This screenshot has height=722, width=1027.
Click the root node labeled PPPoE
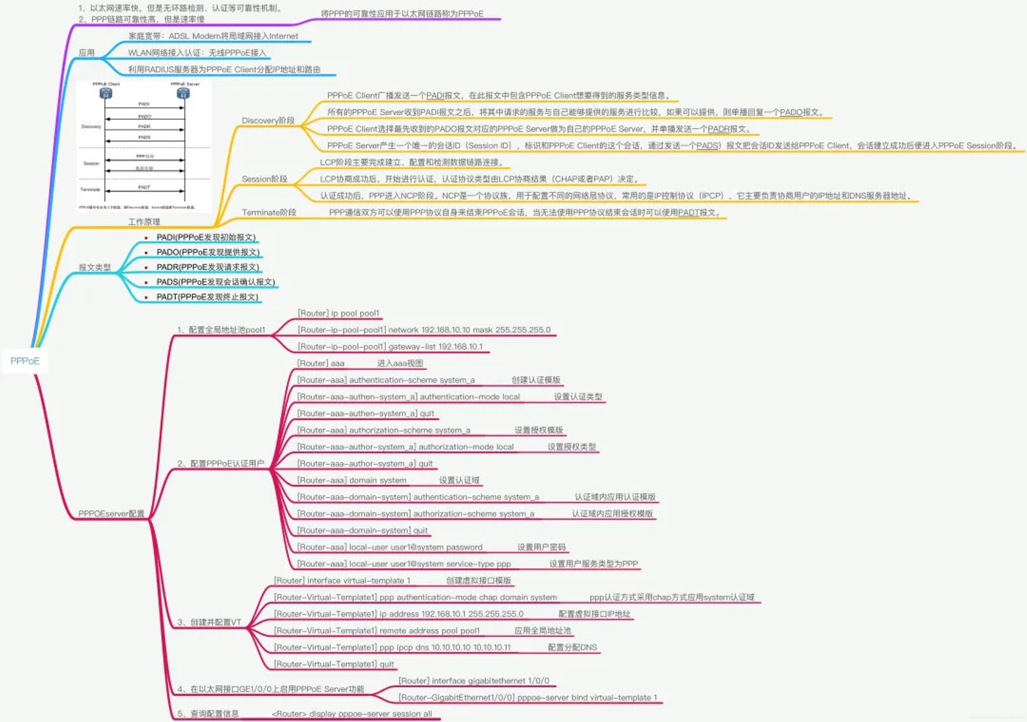point(25,361)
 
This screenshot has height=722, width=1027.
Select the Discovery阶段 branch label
point(268,120)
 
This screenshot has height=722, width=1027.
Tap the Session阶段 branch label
point(264,179)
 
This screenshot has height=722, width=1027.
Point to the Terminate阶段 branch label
point(269,212)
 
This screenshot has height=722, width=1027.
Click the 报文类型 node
point(94,268)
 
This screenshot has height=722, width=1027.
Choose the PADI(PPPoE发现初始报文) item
point(206,237)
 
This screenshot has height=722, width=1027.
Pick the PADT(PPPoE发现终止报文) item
point(207,297)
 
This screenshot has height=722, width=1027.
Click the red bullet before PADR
point(146,268)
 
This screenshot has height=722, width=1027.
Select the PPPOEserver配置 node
point(111,513)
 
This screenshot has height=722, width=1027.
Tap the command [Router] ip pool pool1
point(339,313)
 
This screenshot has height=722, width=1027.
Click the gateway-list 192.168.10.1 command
point(391,347)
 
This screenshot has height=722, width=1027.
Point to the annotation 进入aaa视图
point(400,363)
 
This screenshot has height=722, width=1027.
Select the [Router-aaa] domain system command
point(352,480)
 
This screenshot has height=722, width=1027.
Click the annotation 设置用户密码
point(541,547)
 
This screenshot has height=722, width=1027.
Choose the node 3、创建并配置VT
point(209,622)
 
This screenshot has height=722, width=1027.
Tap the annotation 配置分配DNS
point(572,647)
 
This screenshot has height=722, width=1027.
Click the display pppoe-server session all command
point(352,714)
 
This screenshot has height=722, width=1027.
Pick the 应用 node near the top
point(86,53)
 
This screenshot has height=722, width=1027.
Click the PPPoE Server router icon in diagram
point(183,93)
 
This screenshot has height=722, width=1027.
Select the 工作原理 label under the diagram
point(144,222)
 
